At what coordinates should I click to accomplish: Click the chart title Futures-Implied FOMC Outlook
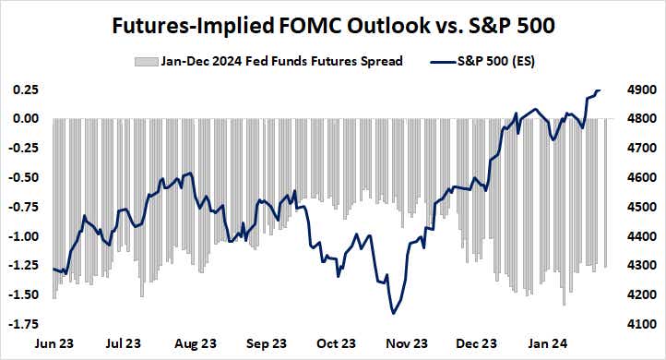tap(333, 26)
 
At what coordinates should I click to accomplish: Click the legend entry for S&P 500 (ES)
tap(497, 63)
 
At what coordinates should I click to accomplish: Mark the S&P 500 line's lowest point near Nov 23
tap(394, 314)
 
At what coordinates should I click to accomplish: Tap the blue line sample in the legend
tap(445, 63)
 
